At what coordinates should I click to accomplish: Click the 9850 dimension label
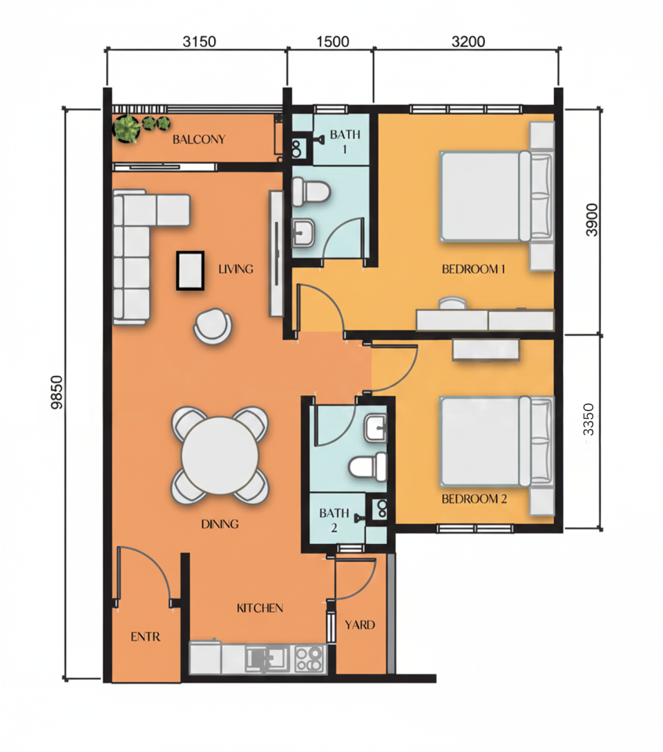click(x=56, y=393)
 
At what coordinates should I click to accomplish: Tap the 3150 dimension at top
click(x=200, y=41)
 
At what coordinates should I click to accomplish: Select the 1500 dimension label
click(x=331, y=41)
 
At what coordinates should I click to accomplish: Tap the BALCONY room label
click(x=199, y=140)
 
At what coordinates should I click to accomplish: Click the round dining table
click(x=220, y=455)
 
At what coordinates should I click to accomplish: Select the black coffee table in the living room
click(x=190, y=270)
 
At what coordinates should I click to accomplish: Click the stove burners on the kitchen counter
click(x=309, y=659)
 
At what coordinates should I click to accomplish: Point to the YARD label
click(x=360, y=625)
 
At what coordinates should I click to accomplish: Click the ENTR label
click(x=145, y=637)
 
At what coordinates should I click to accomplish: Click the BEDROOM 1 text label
click(x=474, y=269)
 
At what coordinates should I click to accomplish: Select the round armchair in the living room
click(x=213, y=325)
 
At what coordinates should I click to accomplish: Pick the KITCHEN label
click(x=260, y=608)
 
